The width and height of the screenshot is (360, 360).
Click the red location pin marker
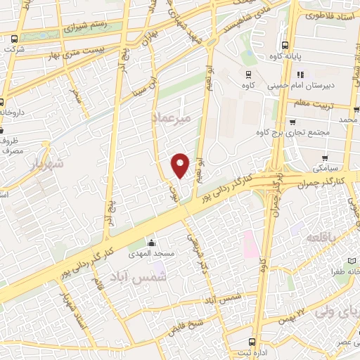click(x=181, y=165)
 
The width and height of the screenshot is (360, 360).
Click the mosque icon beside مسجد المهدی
click(x=154, y=241)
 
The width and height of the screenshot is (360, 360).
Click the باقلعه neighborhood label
click(x=322, y=239)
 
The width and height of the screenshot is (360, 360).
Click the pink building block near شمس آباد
click(x=249, y=243)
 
